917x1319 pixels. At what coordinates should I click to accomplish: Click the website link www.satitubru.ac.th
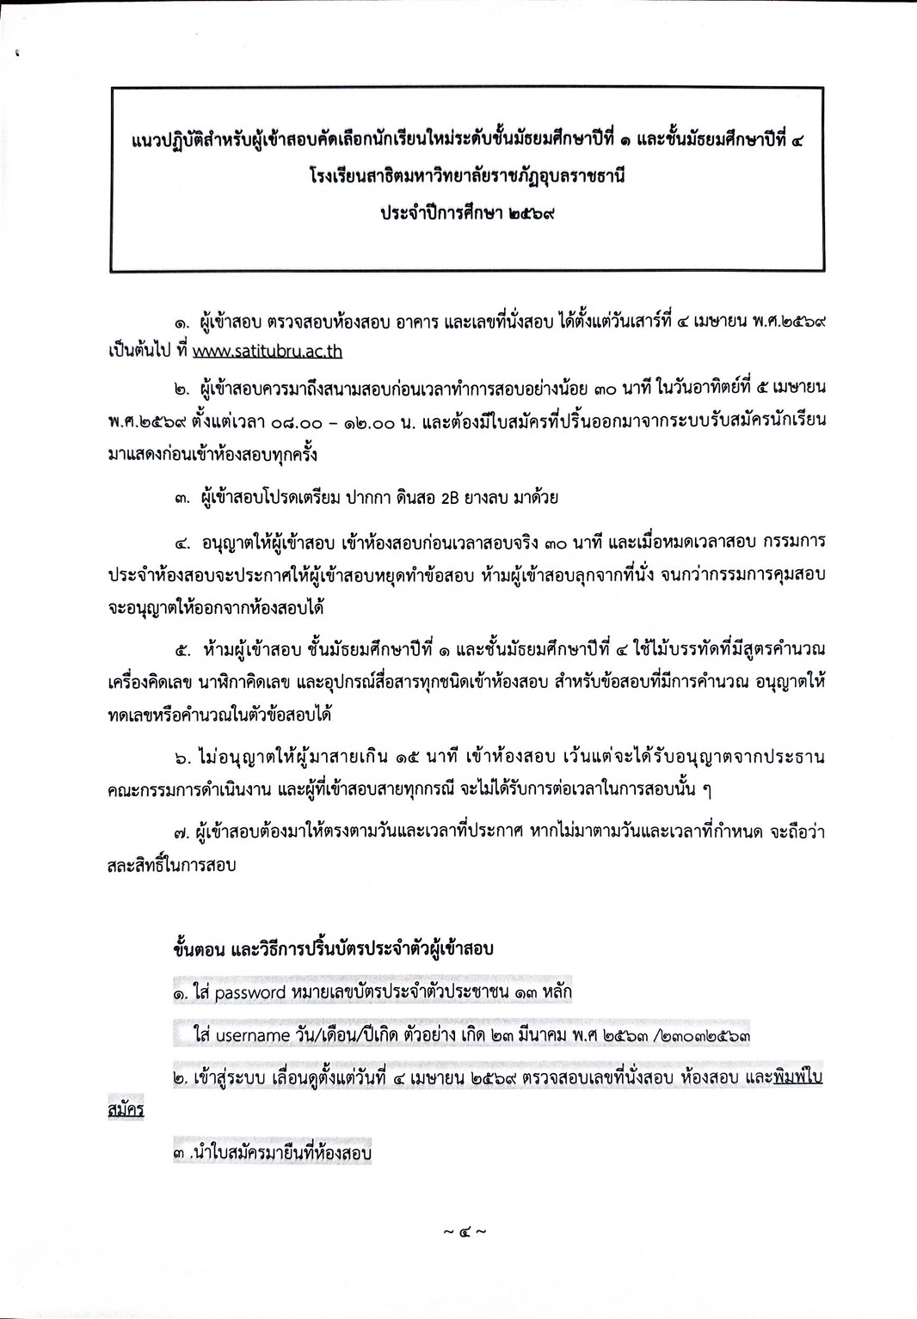pos(267,352)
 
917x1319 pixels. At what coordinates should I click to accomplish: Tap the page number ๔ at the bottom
pos(465,1231)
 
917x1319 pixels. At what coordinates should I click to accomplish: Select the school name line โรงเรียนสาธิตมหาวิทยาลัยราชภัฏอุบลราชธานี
pos(467,175)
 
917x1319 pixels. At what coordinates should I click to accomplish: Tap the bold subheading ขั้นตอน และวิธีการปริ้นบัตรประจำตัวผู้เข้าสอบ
pos(333,949)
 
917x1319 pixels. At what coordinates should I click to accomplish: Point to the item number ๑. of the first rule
pos(182,324)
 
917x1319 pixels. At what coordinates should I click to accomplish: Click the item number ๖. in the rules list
pos(182,758)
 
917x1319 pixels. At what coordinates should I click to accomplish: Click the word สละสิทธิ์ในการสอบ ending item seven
pos(171,866)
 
